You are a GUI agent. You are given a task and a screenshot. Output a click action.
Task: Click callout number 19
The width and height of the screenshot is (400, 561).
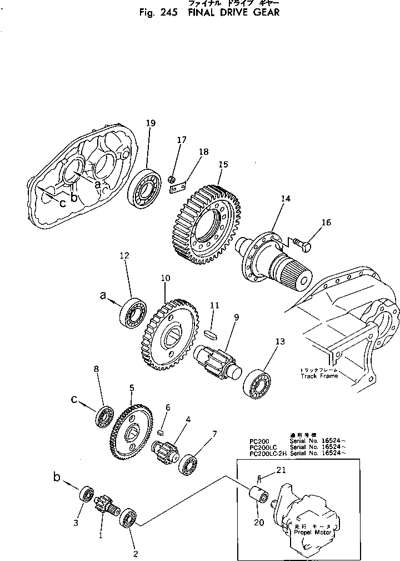[x=148, y=123]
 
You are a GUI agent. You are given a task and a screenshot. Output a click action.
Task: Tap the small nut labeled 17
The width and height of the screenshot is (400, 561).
[x=172, y=179]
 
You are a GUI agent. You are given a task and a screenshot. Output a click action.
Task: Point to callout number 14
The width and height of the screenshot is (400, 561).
[x=286, y=198]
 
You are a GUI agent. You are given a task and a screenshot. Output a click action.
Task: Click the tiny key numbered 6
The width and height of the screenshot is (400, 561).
[x=161, y=430]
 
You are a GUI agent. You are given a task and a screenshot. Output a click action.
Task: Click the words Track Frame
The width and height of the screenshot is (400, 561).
[x=319, y=376]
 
